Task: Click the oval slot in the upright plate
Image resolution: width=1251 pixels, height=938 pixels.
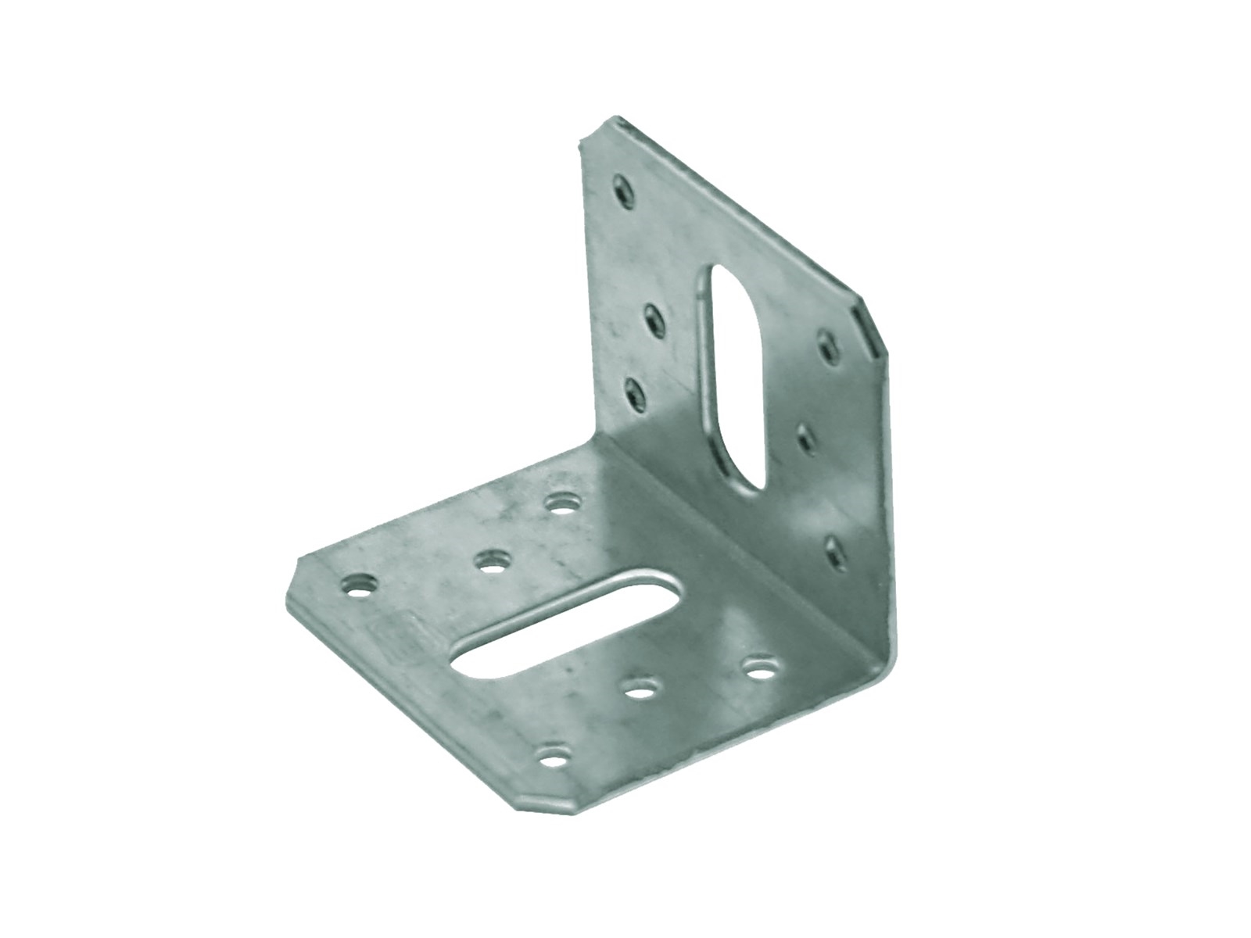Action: pos(733,379)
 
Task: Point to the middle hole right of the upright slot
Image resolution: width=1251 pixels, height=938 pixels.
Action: pos(807,438)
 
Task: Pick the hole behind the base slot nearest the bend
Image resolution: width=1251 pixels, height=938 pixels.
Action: pos(561,503)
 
